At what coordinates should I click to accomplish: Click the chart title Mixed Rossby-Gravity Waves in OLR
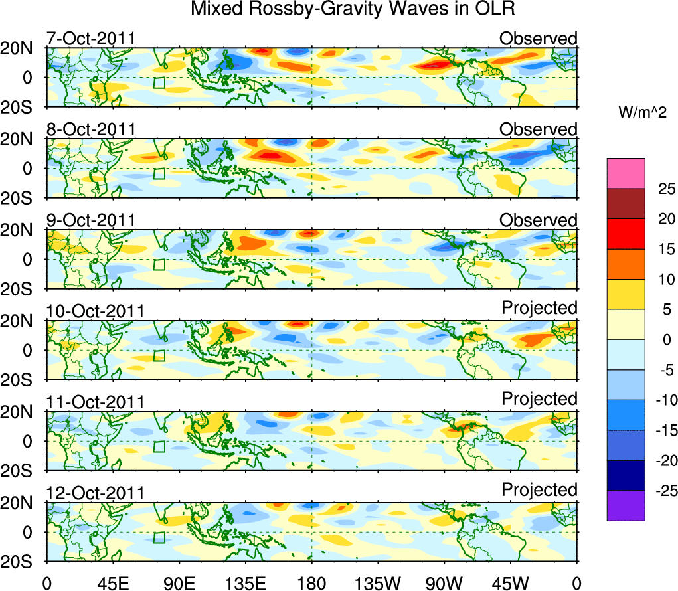pyautogui.click(x=353, y=9)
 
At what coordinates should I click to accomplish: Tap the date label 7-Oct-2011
pyautogui.click(x=91, y=39)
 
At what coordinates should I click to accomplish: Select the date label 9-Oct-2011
pyautogui.click(x=91, y=220)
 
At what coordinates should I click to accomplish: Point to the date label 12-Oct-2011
pyautogui.click(x=95, y=493)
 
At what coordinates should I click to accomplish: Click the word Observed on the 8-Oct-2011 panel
pyautogui.click(x=538, y=129)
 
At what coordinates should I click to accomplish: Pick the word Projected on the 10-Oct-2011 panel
pyautogui.click(x=539, y=308)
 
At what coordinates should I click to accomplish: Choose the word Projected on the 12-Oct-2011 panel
pyautogui.click(x=539, y=490)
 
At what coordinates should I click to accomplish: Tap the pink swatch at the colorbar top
pyautogui.click(x=626, y=173)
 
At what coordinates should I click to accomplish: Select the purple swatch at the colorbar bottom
pyautogui.click(x=626, y=505)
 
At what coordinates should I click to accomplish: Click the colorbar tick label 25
pyautogui.click(x=657, y=189)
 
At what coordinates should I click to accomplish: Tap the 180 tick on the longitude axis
pyautogui.click(x=311, y=583)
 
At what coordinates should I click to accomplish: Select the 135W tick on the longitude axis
pyautogui.click(x=377, y=583)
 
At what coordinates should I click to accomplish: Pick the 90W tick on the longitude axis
pyautogui.click(x=444, y=583)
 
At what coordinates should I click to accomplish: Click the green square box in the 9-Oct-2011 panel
pyautogui.click(x=159, y=264)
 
